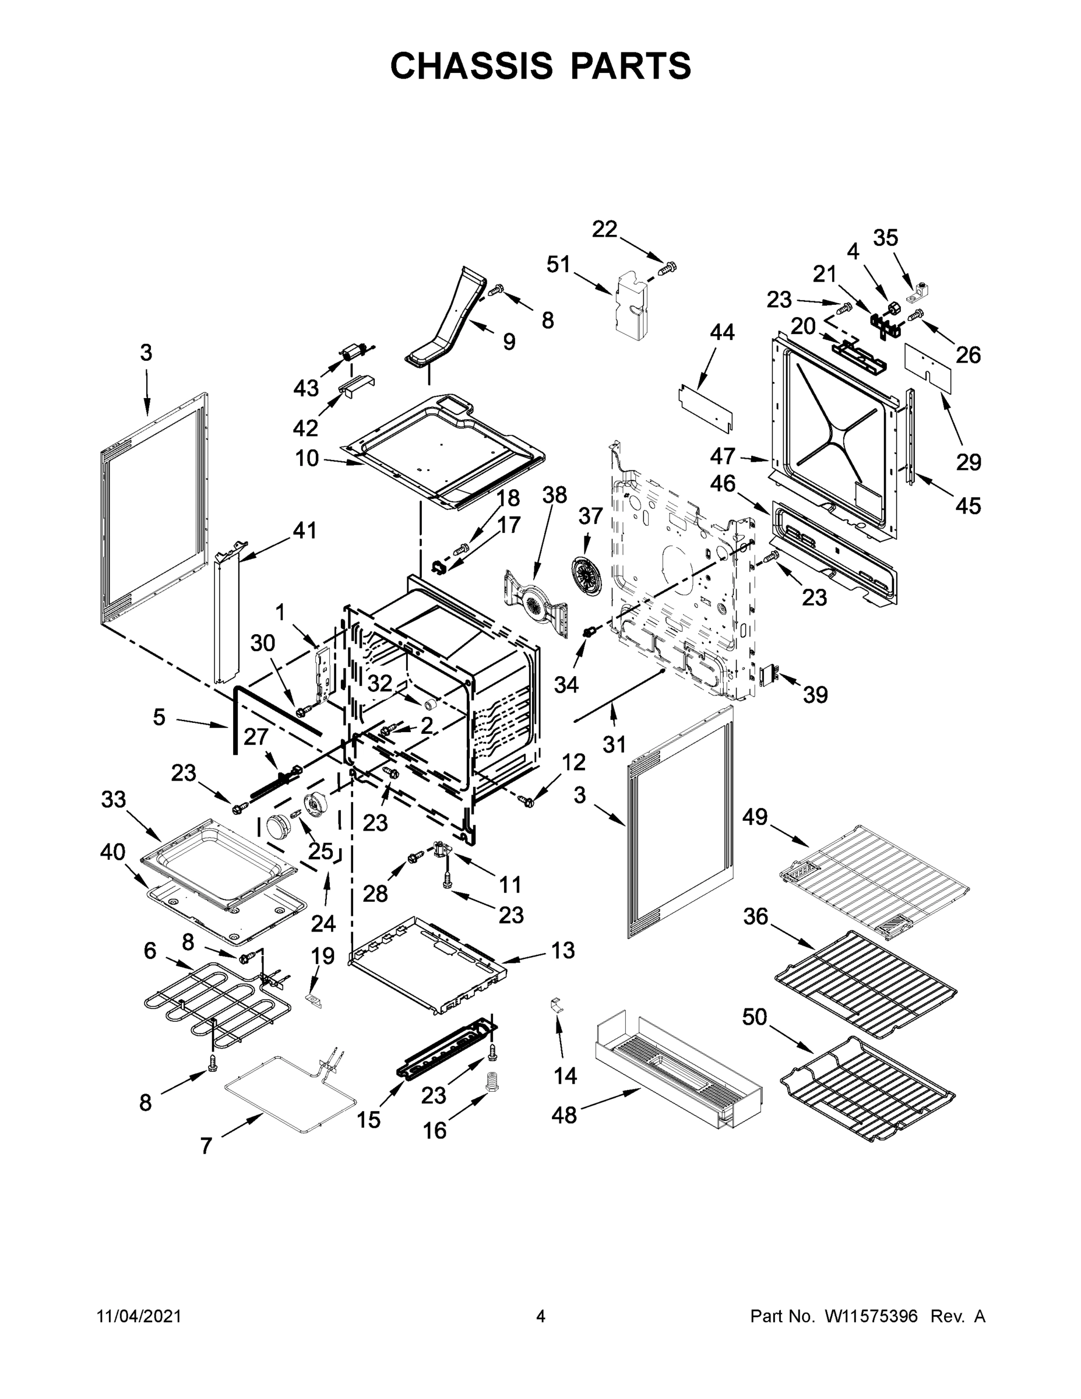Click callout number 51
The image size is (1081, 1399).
click(x=558, y=264)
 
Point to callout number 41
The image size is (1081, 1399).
click(x=305, y=530)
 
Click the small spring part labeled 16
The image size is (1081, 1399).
click(x=492, y=1081)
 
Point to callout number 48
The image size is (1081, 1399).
click(x=564, y=1115)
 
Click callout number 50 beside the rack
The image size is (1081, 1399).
click(x=755, y=1017)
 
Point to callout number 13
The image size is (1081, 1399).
click(x=563, y=951)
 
